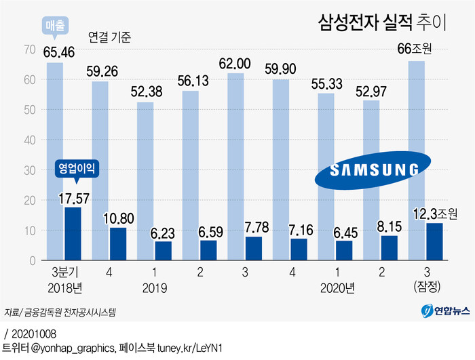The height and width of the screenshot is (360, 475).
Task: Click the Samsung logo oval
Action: pos(371,169)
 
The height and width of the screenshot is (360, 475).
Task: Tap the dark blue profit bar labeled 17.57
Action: pos(73,234)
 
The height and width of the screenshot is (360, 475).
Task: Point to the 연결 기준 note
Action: pos(109,37)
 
